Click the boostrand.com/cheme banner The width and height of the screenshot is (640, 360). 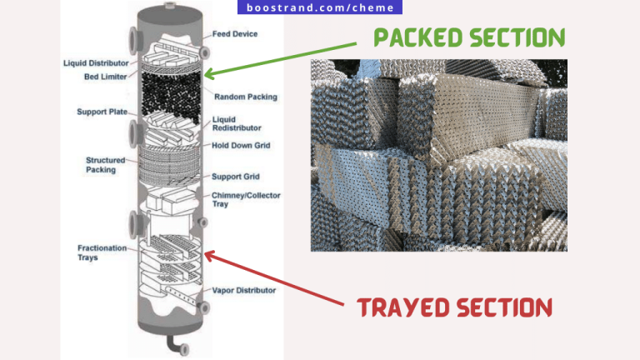[x=321, y=8]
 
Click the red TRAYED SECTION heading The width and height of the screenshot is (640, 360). [x=455, y=307]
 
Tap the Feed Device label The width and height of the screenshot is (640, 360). [x=235, y=34]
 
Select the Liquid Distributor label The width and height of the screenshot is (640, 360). [x=95, y=63]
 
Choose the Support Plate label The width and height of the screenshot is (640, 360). [x=102, y=112]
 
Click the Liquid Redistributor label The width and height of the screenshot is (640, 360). [x=237, y=123]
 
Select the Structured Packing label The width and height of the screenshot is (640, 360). [x=106, y=164]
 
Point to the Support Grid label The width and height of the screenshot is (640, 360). [x=236, y=176]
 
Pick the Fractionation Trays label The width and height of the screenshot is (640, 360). [x=99, y=252]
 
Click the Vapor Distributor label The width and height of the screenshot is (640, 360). [x=244, y=290]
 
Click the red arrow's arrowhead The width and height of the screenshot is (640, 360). [x=208, y=252]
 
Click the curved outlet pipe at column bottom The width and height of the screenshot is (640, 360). [x=172, y=344]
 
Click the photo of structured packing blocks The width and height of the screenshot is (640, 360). [x=438, y=155]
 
